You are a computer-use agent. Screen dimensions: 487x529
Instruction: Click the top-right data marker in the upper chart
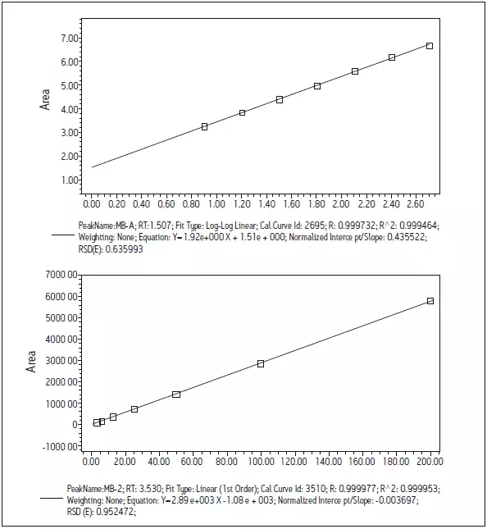click(x=430, y=46)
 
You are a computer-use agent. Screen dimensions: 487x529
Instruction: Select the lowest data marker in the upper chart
click(x=204, y=127)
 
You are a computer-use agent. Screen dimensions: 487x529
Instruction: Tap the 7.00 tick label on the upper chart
click(x=70, y=39)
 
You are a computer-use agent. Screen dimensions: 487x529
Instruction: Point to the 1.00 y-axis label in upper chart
click(x=70, y=180)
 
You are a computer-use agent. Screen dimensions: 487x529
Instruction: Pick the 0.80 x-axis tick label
click(x=191, y=204)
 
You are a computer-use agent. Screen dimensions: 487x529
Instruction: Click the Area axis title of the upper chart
click(x=45, y=99)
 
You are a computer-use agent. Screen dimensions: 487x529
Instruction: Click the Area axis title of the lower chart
click(x=30, y=362)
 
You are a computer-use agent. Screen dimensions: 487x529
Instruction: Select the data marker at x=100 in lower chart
click(x=261, y=363)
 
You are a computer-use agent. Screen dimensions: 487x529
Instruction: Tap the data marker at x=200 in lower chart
click(x=430, y=301)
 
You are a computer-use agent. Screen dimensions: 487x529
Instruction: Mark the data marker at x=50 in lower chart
click(x=176, y=394)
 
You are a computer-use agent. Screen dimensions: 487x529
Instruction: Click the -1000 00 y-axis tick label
click(x=60, y=447)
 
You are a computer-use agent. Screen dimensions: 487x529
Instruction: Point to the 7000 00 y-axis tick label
click(x=61, y=275)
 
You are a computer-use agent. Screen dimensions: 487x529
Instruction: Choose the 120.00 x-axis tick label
click(x=294, y=461)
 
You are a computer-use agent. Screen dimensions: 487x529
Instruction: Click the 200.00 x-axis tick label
click(x=430, y=461)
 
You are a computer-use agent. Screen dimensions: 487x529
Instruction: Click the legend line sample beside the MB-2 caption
click(x=52, y=498)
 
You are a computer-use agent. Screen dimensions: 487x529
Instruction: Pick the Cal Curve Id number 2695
click(x=316, y=226)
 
